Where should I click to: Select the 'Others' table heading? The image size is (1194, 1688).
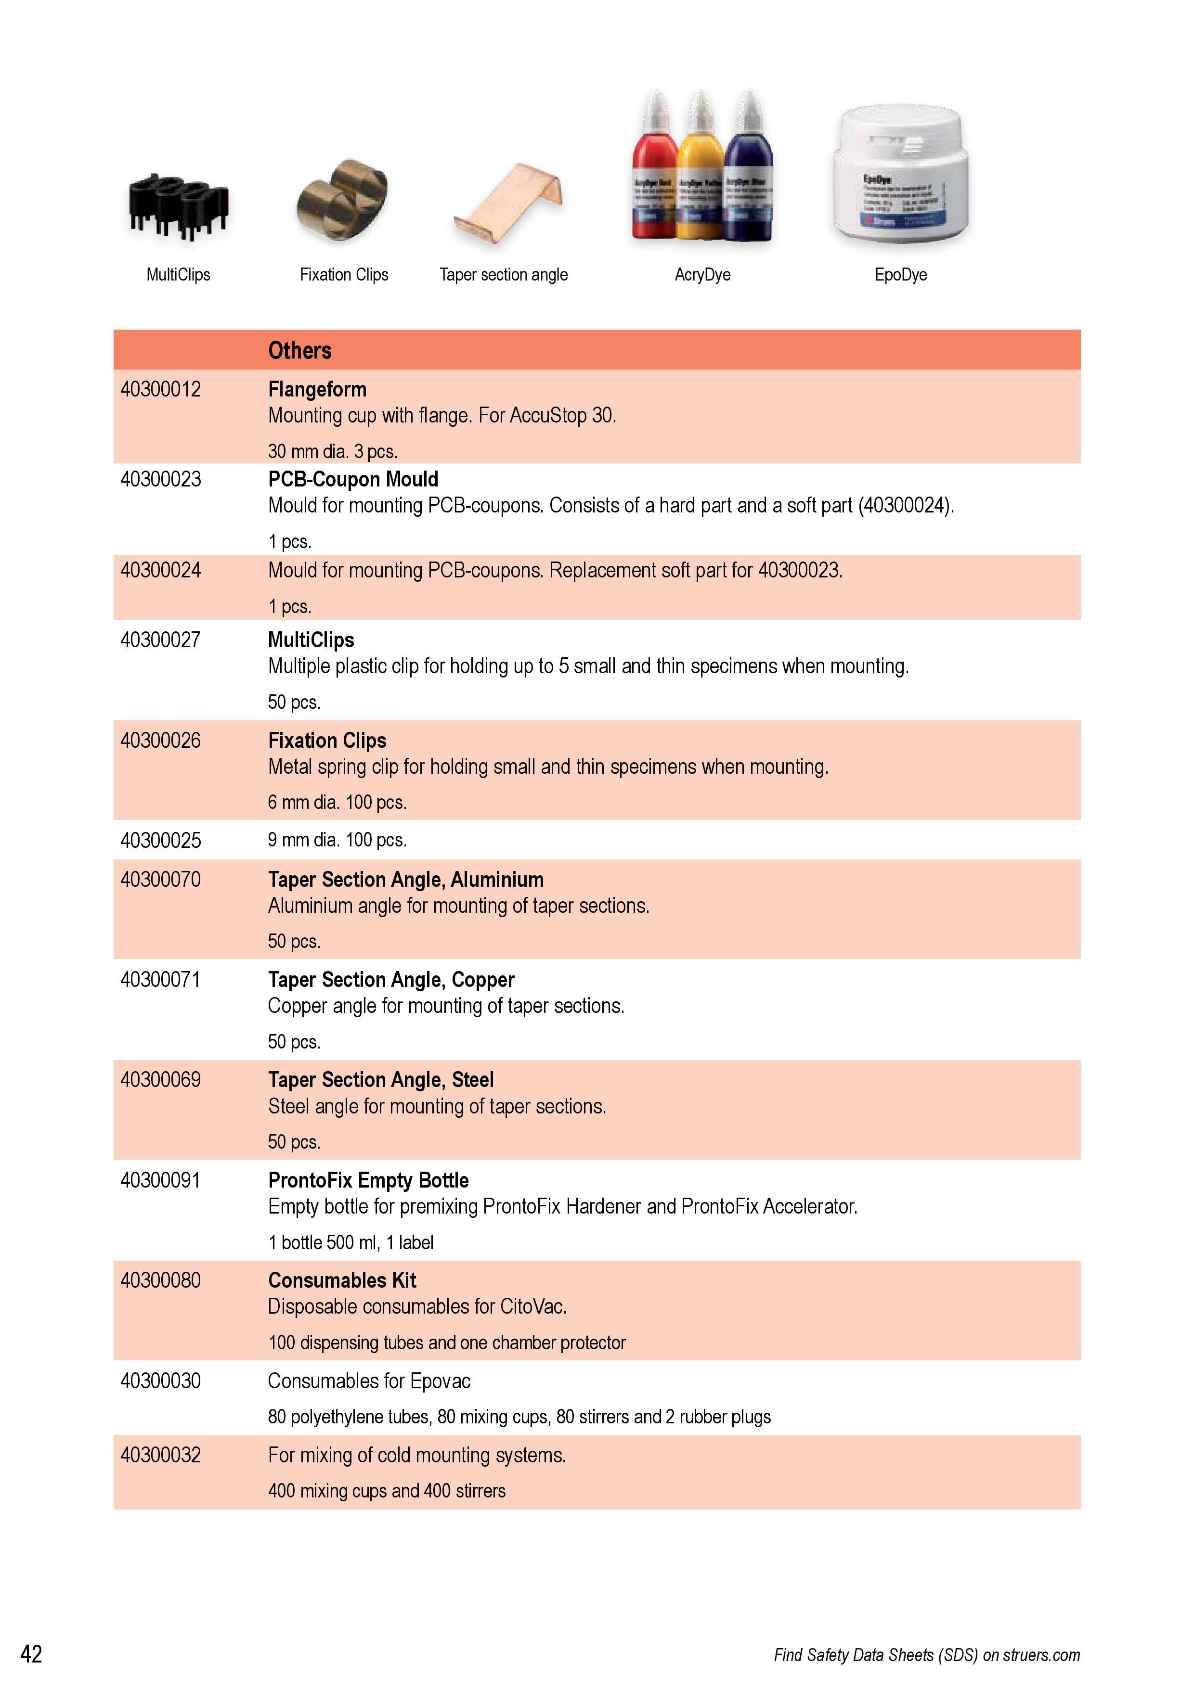[299, 351]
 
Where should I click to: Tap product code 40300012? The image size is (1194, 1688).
[160, 390]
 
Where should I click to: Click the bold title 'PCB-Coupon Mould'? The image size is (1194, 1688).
[352, 479]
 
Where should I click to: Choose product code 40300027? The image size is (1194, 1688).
[160, 640]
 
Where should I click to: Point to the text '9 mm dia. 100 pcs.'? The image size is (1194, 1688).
[337, 840]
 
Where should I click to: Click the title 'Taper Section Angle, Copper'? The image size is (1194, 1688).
[390, 980]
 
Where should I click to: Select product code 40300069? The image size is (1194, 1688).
[160, 1080]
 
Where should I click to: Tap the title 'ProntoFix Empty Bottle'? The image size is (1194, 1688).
[368, 1181]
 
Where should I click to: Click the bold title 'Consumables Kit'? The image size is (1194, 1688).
[342, 1281]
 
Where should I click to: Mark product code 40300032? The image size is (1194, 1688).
[160, 1456]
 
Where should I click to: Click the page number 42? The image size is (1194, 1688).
[31, 1654]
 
